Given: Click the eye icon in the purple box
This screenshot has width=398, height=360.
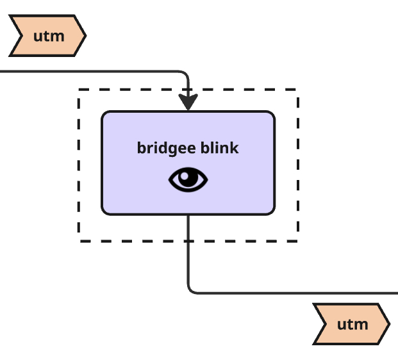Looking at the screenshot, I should click(188, 180).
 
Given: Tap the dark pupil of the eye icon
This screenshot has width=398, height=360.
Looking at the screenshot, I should click(188, 179).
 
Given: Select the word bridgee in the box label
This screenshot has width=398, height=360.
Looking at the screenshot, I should click(160, 148).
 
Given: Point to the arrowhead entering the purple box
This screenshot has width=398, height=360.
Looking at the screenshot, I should click(188, 102).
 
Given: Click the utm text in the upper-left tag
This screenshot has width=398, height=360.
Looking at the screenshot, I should click(49, 36).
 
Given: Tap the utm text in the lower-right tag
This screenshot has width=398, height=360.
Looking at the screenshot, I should click(352, 324).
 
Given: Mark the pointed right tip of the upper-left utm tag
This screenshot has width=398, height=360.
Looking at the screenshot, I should click(85, 36).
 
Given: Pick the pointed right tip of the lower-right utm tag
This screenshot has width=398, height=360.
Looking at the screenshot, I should click(389, 324).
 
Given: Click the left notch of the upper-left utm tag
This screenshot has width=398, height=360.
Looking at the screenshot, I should click(20, 36).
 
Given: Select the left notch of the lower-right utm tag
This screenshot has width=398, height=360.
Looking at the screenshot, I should click(324, 324).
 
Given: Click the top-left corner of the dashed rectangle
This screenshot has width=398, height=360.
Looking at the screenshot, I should click(79, 90).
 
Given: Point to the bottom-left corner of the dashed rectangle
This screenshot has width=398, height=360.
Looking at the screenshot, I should click(79, 241).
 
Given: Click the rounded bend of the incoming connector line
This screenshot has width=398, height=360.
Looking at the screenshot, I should click(185, 74).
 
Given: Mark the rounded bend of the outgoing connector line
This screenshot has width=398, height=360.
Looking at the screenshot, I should click(191, 290).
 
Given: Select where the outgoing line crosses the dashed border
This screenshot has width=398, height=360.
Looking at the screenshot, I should click(188, 241).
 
